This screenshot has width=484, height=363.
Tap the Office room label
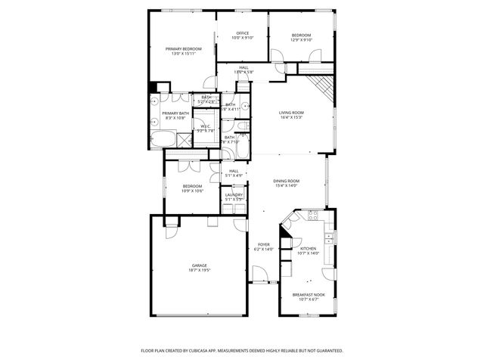tap(243, 33)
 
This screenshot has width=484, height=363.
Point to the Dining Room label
tap(287, 181)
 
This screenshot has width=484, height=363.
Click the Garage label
tap(200, 265)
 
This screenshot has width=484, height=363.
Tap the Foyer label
tap(264, 244)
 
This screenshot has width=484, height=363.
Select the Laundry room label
tap(234, 195)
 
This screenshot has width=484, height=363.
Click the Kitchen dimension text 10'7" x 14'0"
tap(309, 253)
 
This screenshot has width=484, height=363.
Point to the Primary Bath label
tap(175, 113)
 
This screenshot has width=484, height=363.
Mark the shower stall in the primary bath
tap(184, 140)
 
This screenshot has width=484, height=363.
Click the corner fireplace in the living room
tap(324, 85)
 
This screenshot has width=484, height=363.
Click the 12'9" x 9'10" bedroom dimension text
tap(302, 40)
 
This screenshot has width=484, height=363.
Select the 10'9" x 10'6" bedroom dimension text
tap(192, 191)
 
